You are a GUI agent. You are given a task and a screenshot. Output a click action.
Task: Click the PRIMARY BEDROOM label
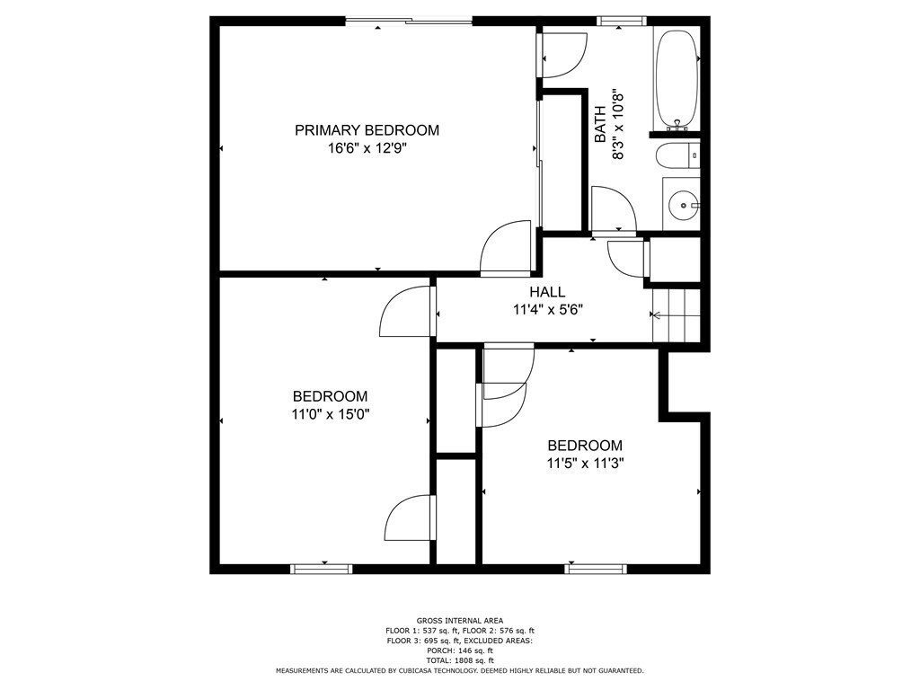(367, 130)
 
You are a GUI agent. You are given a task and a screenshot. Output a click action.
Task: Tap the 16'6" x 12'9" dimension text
(367, 148)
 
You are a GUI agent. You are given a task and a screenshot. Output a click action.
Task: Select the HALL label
(547, 292)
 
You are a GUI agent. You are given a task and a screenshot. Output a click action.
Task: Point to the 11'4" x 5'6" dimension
(547, 310)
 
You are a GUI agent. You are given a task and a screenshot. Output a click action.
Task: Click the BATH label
(600, 124)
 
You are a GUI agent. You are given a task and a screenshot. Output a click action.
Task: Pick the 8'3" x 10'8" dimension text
(617, 124)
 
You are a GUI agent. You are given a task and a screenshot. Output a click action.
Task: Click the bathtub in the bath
(677, 80)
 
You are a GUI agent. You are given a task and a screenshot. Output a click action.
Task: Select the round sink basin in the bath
(683, 206)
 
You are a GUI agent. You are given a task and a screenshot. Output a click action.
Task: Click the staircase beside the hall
(677, 315)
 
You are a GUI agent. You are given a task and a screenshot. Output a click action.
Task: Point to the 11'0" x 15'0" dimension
(331, 415)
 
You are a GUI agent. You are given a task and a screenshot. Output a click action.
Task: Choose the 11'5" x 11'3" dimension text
(585, 464)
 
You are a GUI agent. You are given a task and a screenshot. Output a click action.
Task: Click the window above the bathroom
(622, 22)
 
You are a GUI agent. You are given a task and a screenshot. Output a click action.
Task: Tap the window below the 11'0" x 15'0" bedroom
(322, 569)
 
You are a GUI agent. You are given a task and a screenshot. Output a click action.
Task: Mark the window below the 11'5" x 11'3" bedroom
(596, 569)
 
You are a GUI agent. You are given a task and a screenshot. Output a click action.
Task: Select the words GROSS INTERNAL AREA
(460, 620)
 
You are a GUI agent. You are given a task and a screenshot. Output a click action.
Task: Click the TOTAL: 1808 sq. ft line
(460, 660)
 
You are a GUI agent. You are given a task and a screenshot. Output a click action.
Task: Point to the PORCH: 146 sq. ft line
(460, 650)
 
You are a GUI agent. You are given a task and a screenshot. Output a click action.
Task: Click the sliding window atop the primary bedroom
(409, 22)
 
